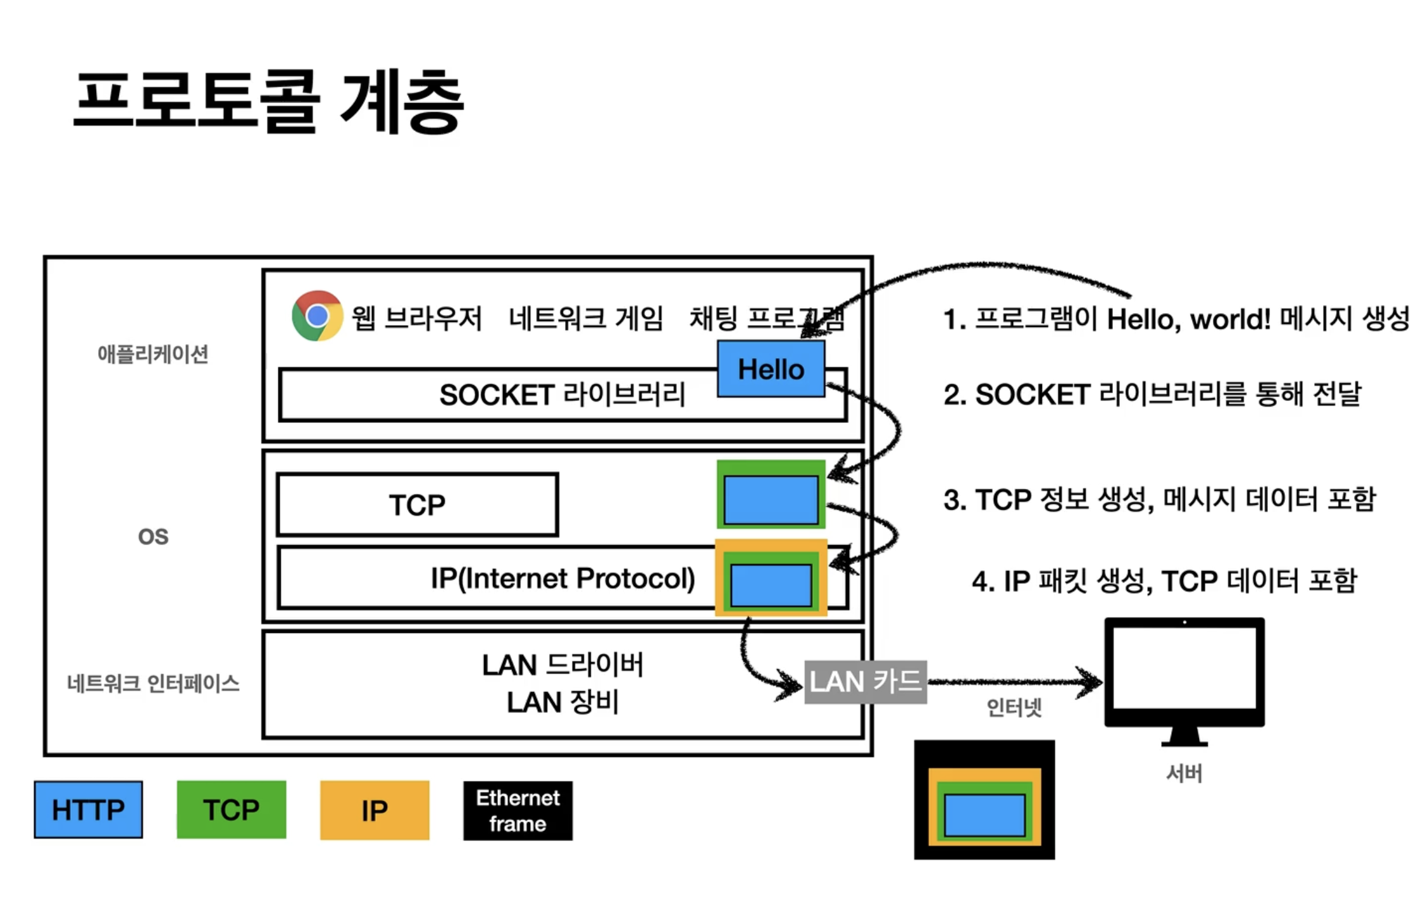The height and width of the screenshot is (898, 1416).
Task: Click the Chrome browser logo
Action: coord(317,316)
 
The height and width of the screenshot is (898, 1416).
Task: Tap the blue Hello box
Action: coord(771,369)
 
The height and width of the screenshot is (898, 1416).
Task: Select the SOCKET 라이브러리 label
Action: coord(562,395)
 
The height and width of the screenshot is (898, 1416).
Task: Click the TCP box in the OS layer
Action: coord(417,505)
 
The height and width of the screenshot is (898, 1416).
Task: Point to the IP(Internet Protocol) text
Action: coord(562,578)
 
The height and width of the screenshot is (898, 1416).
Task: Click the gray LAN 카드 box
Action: coord(865,682)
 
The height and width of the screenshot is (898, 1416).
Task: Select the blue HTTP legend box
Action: coord(89,810)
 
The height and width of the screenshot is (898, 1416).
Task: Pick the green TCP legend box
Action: coord(232,810)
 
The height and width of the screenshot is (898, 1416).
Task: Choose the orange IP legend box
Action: coord(375,811)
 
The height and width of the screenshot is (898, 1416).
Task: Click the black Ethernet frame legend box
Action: coord(518,811)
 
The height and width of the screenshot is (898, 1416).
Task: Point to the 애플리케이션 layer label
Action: coord(152,354)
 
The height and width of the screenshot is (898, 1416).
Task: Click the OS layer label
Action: coord(153,537)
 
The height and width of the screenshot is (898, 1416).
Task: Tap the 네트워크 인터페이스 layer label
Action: coord(153,684)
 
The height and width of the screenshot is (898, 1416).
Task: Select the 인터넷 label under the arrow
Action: coord(1014,707)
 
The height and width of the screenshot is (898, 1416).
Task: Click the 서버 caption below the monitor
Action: coord(1184,773)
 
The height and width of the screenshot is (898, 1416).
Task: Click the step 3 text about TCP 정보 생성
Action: coord(1159,500)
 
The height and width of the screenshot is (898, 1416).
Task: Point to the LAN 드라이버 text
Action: coord(562,665)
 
